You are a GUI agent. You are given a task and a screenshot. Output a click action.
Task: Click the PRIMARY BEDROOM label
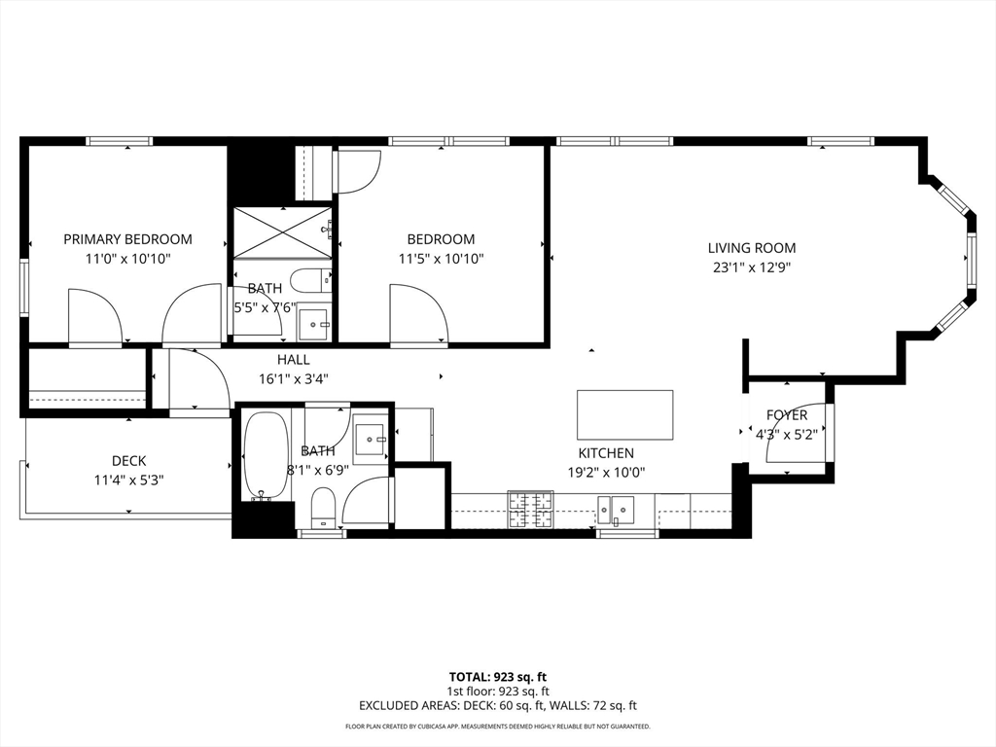(127, 239)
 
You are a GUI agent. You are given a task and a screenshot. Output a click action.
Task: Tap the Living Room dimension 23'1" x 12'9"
(752, 267)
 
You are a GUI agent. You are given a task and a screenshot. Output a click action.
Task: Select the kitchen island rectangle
(625, 414)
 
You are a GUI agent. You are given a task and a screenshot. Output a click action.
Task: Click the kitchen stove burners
(530, 510)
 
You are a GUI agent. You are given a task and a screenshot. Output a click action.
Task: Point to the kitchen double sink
(616, 508)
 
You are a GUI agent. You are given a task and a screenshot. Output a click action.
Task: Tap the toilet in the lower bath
(323, 507)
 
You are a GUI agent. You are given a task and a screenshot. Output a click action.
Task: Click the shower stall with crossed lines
(283, 232)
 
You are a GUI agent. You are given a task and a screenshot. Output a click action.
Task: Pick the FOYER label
(786, 415)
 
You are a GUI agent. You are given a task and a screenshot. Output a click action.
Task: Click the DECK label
(129, 461)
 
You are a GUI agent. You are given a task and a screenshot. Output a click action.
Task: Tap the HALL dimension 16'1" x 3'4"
(294, 379)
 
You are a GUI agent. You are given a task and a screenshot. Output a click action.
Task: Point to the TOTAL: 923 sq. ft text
(498, 677)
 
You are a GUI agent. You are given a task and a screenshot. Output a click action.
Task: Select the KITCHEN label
(606, 453)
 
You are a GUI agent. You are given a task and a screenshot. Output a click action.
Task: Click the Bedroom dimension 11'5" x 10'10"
(442, 259)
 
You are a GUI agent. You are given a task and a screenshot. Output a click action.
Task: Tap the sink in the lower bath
(371, 439)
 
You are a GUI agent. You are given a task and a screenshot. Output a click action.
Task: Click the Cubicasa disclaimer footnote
(498, 726)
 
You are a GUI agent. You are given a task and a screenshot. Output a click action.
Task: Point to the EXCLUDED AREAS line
(498, 706)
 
